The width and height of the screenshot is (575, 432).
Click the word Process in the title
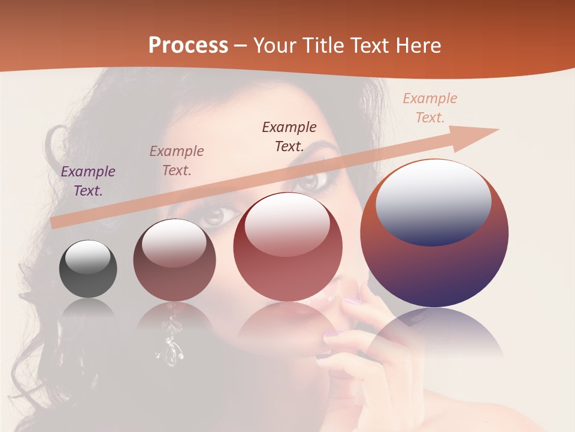(x=188, y=45)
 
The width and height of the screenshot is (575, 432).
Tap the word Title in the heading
(x=323, y=45)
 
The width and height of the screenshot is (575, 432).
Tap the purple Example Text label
(x=88, y=181)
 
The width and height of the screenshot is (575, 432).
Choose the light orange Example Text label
(x=429, y=108)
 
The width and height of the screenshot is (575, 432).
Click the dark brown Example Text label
(x=289, y=136)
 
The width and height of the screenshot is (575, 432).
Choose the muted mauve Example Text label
(x=177, y=161)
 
